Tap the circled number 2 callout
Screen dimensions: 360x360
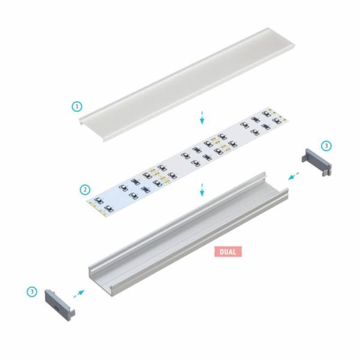click(85, 190)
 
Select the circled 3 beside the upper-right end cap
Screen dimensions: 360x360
click(326, 146)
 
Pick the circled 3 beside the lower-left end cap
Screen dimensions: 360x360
click(31, 291)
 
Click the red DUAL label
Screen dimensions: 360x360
click(228, 251)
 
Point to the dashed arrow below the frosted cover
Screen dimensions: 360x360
click(202, 117)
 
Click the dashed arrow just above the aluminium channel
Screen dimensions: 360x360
click(202, 190)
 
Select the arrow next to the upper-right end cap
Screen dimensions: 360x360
click(293, 175)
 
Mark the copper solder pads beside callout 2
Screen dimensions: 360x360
click(95, 205)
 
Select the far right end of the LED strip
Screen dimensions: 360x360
click(273, 117)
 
